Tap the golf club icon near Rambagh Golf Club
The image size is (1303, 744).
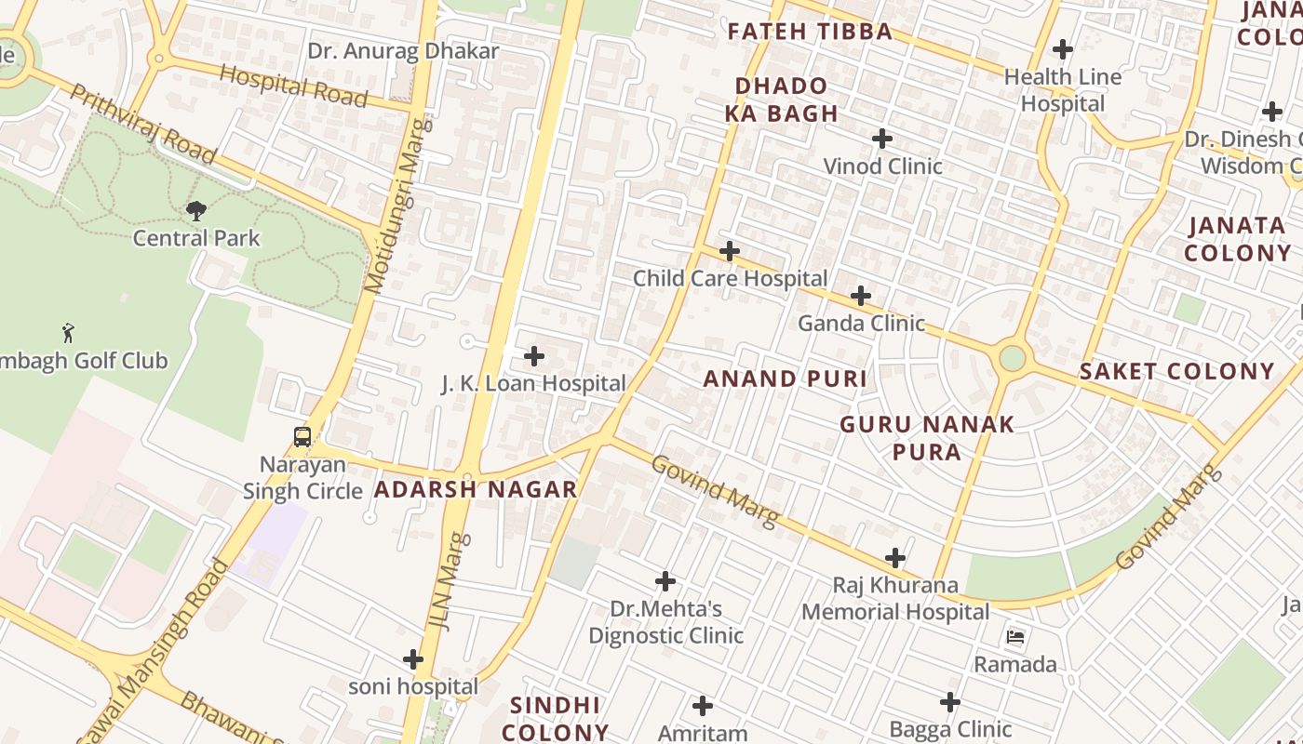pos(67,333)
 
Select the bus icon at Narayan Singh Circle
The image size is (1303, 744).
pos(302,437)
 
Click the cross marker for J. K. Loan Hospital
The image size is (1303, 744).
pos(534,356)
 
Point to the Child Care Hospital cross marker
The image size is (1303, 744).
pos(730,251)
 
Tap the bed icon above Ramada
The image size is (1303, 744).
pos(1015,637)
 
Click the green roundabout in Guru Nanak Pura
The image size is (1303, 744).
pos(1012,358)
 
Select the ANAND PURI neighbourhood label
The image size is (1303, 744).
pos(785,379)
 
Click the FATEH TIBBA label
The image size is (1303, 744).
pos(810,32)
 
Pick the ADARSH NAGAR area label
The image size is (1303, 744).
pos(476,489)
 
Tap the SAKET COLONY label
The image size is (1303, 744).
pos(1176,372)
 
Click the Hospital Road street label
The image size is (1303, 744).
pos(293,85)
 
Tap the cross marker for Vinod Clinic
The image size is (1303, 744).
pos(882,139)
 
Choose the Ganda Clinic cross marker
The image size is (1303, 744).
pos(861,297)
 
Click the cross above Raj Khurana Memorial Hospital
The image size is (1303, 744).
pos(895,558)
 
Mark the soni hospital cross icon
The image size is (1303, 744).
pos(413,659)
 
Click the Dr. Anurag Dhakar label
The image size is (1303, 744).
pos(403,51)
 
